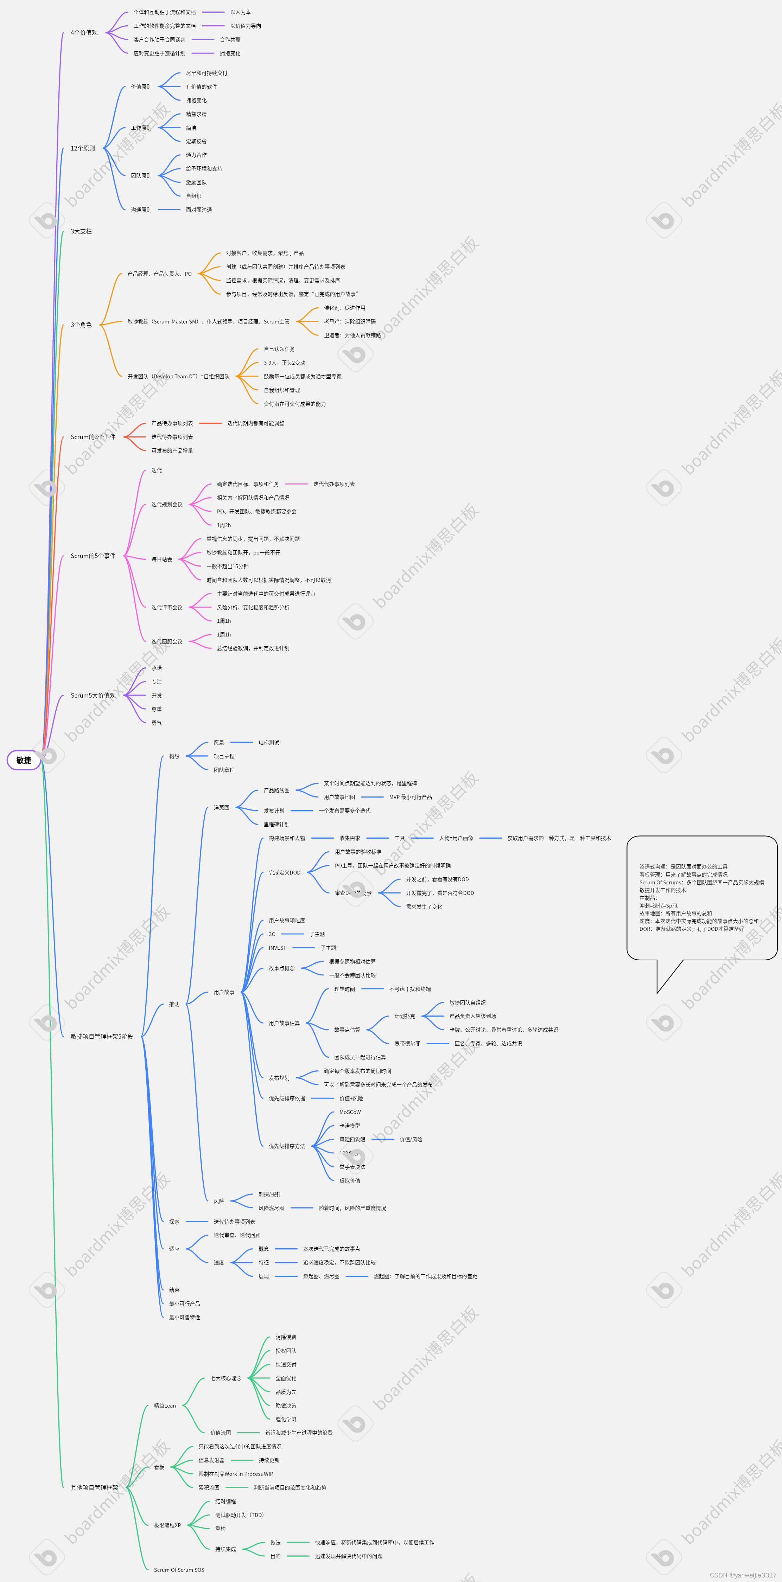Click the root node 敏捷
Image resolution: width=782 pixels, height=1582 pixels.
pyautogui.click(x=23, y=760)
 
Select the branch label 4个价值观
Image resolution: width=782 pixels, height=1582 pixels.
pyautogui.click(x=84, y=33)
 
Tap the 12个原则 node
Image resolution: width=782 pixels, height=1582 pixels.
pyautogui.click(x=83, y=149)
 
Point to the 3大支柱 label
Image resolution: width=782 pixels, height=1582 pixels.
pyautogui.click(x=81, y=231)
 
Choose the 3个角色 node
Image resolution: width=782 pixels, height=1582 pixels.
pyautogui.click(x=81, y=325)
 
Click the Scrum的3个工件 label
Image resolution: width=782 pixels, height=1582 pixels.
pyautogui.click(x=93, y=437)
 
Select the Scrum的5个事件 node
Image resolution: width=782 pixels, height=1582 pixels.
pyautogui.click(x=93, y=556)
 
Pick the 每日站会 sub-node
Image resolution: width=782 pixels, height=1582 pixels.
pyautogui.click(x=161, y=559)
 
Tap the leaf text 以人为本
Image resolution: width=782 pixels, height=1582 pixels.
pyautogui.click(x=240, y=12)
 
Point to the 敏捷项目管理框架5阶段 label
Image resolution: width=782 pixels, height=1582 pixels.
pyautogui.click(x=102, y=1037)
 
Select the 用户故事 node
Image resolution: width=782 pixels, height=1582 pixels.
pyautogui.click(x=224, y=992)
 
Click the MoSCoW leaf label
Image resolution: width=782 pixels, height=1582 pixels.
pyautogui.click(x=350, y=1112)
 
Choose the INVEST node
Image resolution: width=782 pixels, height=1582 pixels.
pyautogui.click(x=277, y=948)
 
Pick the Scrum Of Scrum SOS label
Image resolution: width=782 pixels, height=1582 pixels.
pyautogui.click(x=179, y=1570)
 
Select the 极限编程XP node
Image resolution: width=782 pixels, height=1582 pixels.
pyautogui.click(x=167, y=1525)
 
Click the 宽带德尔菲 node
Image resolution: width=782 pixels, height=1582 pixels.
pyautogui.click(x=407, y=1043)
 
